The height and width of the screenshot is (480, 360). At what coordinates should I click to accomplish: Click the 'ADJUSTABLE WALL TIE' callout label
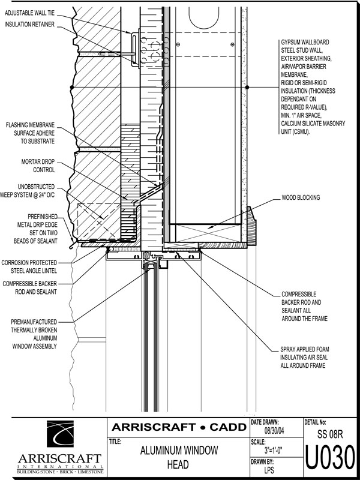30,14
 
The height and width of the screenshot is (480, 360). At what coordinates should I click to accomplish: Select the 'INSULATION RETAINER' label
29,25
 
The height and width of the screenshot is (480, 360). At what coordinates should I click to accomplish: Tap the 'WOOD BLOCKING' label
301,198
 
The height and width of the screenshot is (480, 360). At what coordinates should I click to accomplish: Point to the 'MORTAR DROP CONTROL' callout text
38,166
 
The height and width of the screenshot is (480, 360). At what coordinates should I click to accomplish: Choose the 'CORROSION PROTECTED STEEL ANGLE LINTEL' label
29,266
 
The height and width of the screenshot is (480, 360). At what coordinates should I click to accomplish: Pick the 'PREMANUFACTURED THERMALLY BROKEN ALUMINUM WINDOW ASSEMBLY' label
34,334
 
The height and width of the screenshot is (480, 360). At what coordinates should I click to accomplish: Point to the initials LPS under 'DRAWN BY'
269,470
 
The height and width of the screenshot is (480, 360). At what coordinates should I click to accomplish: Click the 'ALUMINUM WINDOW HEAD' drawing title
179,457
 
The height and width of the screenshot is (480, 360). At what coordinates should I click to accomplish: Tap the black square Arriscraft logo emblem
60,434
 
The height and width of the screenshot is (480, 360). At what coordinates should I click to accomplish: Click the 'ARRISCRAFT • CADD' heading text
179,427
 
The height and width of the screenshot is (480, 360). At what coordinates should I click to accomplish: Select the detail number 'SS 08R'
329,434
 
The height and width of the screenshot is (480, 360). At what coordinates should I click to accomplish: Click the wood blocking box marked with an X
205,233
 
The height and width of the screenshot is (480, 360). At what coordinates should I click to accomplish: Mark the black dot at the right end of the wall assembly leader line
247,87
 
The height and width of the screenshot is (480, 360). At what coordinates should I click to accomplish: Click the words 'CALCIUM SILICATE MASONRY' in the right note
313,124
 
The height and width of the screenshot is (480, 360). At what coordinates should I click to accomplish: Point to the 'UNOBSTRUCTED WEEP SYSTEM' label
28,191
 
